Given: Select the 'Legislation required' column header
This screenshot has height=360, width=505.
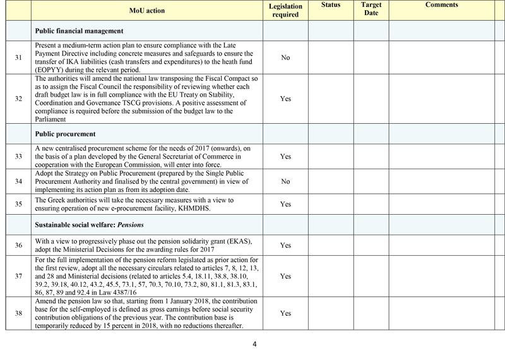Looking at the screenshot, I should click(x=285, y=10).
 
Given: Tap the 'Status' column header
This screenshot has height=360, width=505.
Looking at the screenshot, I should click(x=330, y=5).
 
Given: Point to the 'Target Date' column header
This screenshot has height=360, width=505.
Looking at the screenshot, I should click(x=371, y=9).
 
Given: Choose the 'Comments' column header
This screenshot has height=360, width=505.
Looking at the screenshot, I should click(x=441, y=5).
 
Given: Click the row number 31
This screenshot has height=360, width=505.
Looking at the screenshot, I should click(x=19, y=57).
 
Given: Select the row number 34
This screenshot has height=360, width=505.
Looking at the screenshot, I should click(x=19, y=182).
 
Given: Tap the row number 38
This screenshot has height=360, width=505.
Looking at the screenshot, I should click(x=19, y=313).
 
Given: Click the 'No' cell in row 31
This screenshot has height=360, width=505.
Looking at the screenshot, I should click(x=285, y=57).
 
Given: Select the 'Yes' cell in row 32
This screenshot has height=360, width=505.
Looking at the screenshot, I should click(x=285, y=99).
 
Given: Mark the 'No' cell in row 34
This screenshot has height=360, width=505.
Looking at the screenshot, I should click(x=285, y=182).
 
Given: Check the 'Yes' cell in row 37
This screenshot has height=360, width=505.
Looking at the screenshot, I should click(x=285, y=277).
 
